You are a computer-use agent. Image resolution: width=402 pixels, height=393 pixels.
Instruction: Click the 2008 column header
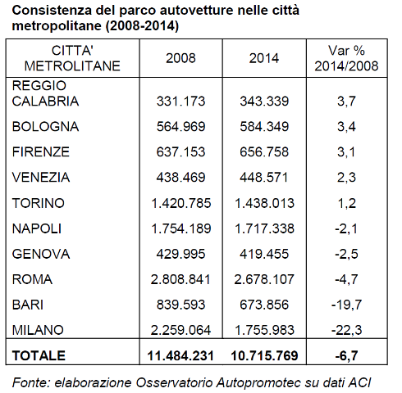[x=180, y=58]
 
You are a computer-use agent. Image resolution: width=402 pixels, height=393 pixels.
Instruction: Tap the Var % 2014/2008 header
[x=346, y=58]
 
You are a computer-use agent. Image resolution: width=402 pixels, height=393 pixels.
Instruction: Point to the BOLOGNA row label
[x=47, y=126]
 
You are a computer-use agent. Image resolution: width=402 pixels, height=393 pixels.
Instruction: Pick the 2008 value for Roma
[x=180, y=278]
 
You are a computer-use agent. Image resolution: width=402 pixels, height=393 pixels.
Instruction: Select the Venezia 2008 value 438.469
[x=180, y=177]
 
